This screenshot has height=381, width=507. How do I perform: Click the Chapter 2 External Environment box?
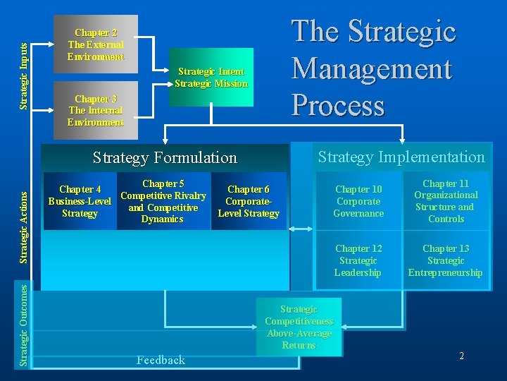point(96,44)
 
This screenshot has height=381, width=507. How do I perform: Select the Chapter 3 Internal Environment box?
point(96,110)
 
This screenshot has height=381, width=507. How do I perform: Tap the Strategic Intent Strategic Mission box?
point(211,77)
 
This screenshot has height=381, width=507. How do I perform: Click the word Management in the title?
point(371,69)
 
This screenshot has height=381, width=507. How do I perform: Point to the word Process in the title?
point(338,105)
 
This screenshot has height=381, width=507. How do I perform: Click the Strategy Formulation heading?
point(165,157)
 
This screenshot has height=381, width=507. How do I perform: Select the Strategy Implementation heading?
point(401,157)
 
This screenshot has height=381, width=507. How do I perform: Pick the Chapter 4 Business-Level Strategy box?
point(80,201)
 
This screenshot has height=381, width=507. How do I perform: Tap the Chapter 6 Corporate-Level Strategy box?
point(249,201)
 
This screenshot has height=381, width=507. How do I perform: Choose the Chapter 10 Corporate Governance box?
point(358,201)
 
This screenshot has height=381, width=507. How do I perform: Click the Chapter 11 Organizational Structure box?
point(446,201)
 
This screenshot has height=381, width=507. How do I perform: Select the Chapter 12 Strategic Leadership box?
point(358,260)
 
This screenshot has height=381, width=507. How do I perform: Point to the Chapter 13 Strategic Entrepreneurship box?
point(446,260)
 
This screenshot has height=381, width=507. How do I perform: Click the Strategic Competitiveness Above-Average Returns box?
point(299,327)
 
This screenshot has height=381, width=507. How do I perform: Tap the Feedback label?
point(161,360)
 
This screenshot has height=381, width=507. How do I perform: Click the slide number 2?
point(461,356)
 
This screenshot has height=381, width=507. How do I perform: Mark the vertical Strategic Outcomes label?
point(24,325)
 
